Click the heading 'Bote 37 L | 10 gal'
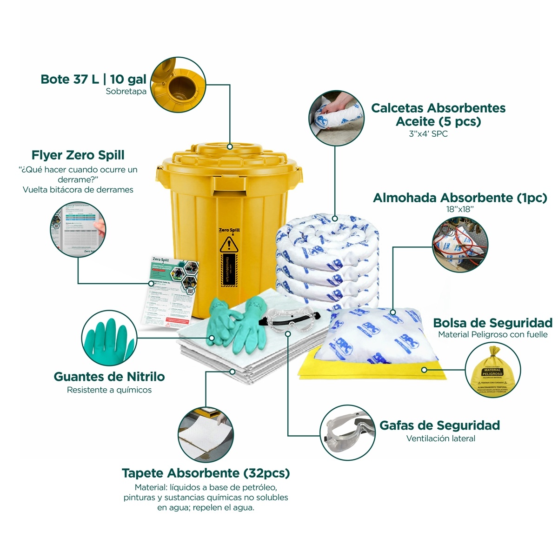(x=93, y=79)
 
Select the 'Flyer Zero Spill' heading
(x=78, y=155)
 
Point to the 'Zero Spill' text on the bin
(x=229, y=230)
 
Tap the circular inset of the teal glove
(x=109, y=338)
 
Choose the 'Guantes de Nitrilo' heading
(x=109, y=376)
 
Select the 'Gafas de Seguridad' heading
(x=439, y=425)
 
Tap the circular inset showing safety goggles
(x=348, y=433)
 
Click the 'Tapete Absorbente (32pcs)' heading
(x=206, y=473)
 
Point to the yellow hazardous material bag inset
(x=493, y=371)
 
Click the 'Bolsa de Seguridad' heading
(x=492, y=323)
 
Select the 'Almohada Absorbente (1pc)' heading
(x=460, y=198)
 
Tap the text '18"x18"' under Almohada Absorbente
(x=459, y=209)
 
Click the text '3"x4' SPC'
(x=428, y=134)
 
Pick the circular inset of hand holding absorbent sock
(x=336, y=118)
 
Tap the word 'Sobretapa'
(x=126, y=92)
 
